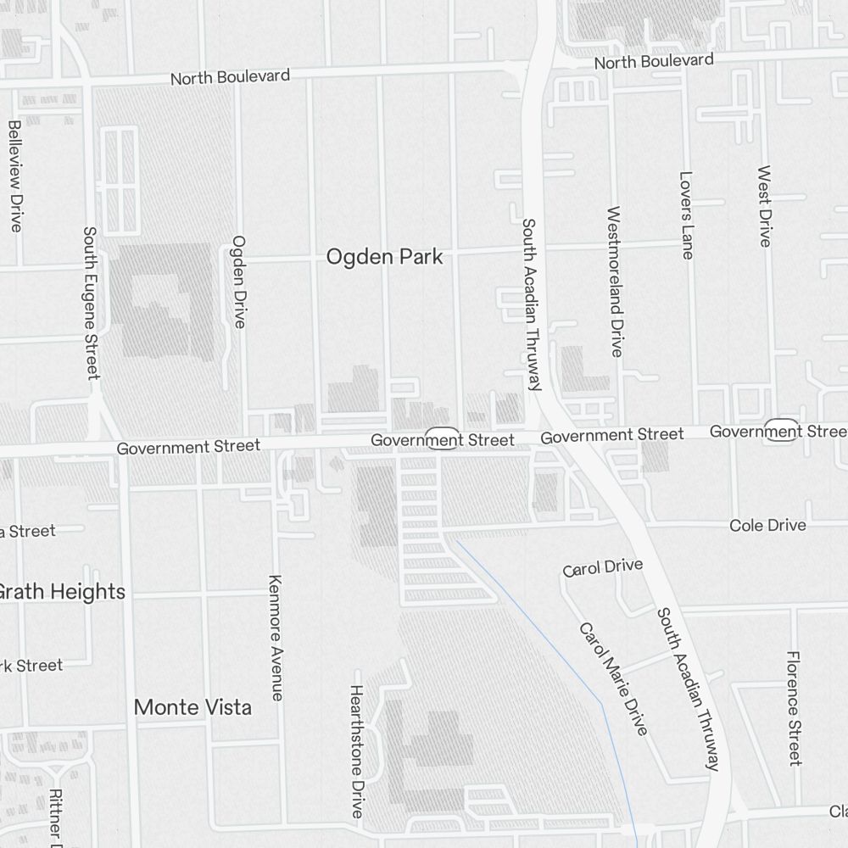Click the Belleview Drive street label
pos(15,176)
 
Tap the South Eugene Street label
pos(91,302)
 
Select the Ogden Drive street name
pos(239,282)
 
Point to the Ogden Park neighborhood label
pos(384,257)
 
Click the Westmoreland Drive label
pos(615,281)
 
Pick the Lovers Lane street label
pos(686,215)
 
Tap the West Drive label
pos(764,206)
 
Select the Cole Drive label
pos(767,526)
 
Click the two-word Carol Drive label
pos(603,567)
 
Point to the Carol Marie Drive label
pos(613,678)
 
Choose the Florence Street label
pos(794,708)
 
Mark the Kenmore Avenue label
pos(275,638)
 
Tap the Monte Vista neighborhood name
pos(193,707)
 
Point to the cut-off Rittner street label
pos(55,818)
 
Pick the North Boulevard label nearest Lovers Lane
pos(653,62)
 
